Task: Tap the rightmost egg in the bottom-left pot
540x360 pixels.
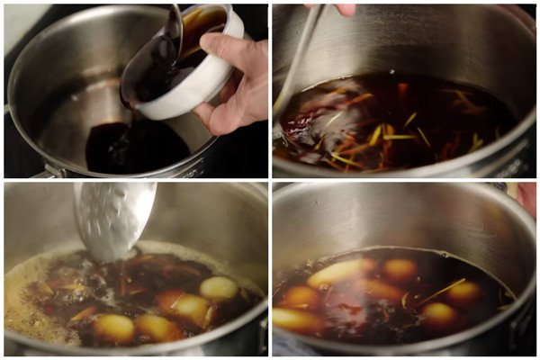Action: click(218, 288)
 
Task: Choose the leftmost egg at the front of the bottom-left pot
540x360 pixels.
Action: click(114, 327)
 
